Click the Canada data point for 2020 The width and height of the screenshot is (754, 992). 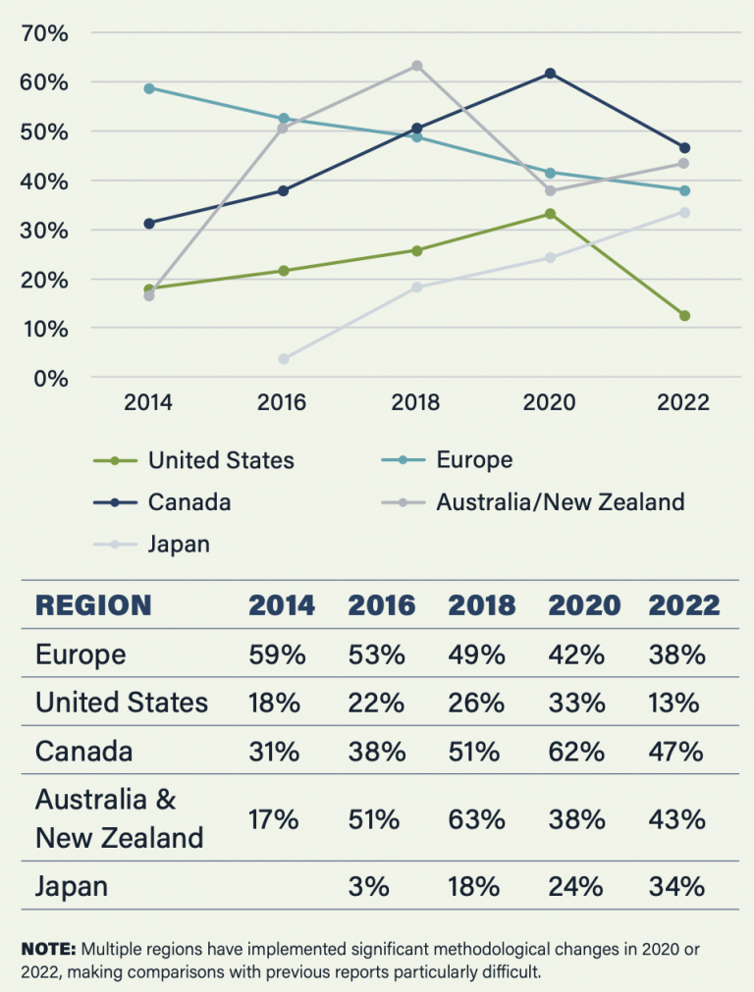pyautogui.click(x=550, y=74)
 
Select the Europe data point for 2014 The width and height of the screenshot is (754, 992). pyautogui.click(x=149, y=88)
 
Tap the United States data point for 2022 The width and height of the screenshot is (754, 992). pyautogui.click(x=684, y=316)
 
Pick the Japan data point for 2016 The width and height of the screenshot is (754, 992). pyautogui.click(x=284, y=359)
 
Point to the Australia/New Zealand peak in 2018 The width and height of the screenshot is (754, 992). pyautogui.click(x=416, y=66)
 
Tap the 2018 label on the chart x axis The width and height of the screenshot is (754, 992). pyautogui.click(x=416, y=403)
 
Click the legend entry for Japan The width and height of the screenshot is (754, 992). pyautogui.click(x=179, y=545)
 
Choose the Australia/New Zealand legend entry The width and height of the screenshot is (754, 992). pyautogui.click(x=560, y=502)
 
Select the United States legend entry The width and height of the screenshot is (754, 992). pyautogui.click(x=221, y=460)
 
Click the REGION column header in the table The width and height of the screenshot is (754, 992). pyautogui.click(x=93, y=604)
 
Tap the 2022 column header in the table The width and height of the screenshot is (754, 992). pyautogui.click(x=683, y=604)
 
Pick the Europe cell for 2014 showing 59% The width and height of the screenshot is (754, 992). pyautogui.click(x=277, y=654)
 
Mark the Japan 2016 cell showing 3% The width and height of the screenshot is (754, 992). pyautogui.click(x=369, y=887)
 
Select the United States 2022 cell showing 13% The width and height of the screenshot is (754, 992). pyautogui.click(x=675, y=703)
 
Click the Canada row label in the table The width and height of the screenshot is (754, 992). pyautogui.click(x=83, y=752)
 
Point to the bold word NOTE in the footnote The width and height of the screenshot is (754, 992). pyautogui.click(x=48, y=950)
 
